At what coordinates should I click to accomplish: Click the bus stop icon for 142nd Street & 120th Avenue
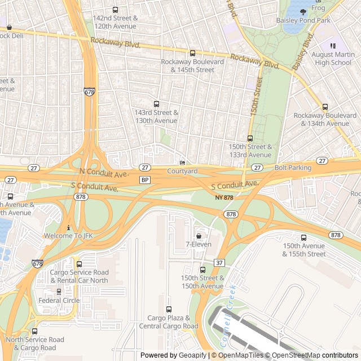click(x=116, y=10)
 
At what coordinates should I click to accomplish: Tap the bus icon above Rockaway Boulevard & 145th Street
click(x=192, y=53)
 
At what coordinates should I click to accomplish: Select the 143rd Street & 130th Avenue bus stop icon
click(x=156, y=104)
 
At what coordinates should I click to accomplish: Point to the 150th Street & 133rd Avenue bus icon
click(x=250, y=138)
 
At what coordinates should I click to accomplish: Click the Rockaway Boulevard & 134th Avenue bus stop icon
click(x=325, y=107)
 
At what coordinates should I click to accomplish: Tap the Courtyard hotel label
click(x=182, y=171)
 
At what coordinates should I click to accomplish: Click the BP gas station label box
click(x=145, y=180)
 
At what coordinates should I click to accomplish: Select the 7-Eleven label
click(x=198, y=244)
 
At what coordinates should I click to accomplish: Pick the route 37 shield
click(x=219, y=263)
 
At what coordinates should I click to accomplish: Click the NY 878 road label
click(x=224, y=197)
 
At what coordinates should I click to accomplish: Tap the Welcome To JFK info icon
click(x=68, y=227)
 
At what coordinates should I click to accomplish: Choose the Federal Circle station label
click(x=59, y=300)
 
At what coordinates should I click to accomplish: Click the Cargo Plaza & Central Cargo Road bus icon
click(x=169, y=309)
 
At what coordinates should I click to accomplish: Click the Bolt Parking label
click(x=293, y=168)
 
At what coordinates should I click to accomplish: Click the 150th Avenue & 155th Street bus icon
click(x=303, y=237)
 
